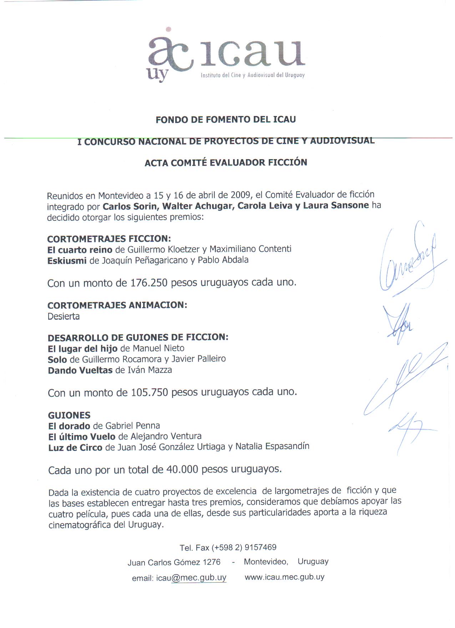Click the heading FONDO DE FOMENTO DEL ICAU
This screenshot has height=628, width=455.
coord(226,120)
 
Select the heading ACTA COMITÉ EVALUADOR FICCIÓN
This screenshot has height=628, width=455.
coord(226,163)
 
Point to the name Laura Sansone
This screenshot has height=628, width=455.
coord(335,206)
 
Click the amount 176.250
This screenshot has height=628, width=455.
coord(149,283)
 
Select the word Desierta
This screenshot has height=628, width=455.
coord(64,316)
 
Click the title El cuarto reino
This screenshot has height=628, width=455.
coord(80,250)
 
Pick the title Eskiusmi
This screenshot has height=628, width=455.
coord(67,261)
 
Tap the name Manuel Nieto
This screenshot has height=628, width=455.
coord(158,348)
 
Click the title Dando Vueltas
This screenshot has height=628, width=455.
coord(80,370)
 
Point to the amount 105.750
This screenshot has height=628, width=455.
coord(150,392)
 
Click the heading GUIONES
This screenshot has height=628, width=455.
coord(69,415)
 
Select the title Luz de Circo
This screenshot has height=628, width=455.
coord(75,447)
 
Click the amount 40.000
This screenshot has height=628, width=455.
coord(182,470)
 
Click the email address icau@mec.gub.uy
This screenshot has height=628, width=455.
coord(191,578)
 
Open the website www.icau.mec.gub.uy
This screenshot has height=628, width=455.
coord(284,577)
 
